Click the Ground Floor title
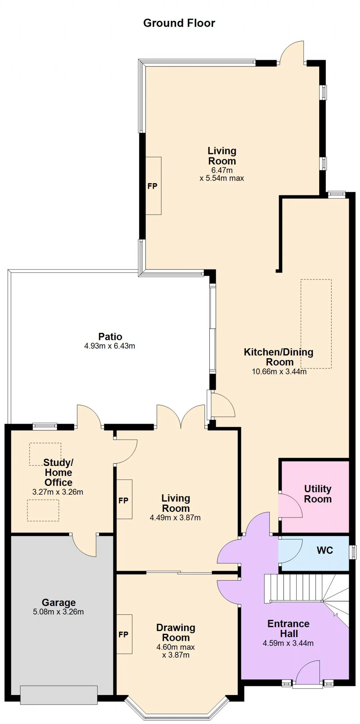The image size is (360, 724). [x=179, y=23]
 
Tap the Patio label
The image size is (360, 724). [x=110, y=336]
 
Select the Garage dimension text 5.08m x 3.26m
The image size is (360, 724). [x=58, y=612]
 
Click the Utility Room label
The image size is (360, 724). [x=318, y=494]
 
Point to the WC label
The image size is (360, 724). [x=325, y=550]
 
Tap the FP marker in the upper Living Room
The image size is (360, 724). [x=152, y=186]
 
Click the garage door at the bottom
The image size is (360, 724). [x=59, y=695]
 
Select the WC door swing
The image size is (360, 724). [x=290, y=551]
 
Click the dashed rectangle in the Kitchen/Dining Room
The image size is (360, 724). [x=316, y=324]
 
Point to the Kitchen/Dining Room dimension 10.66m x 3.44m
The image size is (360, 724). [x=279, y=372]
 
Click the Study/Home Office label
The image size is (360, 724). [x=58, y=472]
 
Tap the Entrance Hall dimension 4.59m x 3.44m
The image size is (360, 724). [x=288, y=643]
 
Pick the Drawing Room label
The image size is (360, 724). [x=176, y=632]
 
